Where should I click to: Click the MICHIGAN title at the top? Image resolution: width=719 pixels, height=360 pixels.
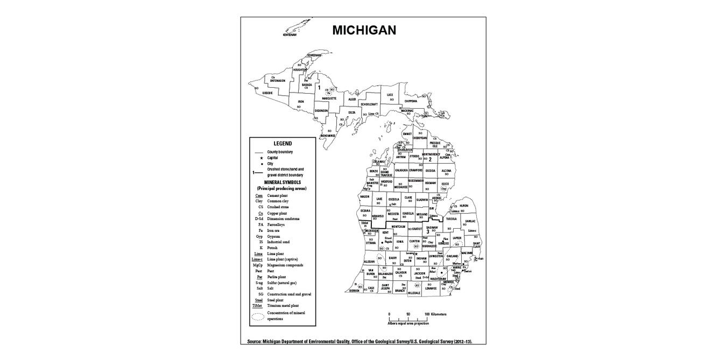coord(364,30)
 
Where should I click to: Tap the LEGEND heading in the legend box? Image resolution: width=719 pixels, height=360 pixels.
coord(283,144)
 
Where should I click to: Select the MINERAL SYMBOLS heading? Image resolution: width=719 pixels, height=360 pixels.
coord(281,182)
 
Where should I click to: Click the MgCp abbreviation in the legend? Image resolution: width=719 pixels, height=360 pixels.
coord(258,265)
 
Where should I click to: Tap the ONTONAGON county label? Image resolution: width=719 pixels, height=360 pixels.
coord(278,81)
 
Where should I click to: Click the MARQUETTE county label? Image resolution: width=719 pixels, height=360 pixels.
coord(329,98)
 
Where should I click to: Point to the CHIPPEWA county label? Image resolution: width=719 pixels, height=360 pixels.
coord(411,101)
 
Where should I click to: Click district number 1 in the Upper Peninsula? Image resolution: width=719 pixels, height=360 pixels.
coord(319,87)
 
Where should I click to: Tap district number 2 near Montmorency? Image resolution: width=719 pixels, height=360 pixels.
coord(429,159)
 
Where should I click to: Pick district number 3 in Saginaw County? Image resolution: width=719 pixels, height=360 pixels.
coord(428,232)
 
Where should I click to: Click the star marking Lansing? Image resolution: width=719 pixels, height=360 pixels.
coord(416,254)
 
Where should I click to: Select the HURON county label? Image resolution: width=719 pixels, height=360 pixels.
coord(464,206)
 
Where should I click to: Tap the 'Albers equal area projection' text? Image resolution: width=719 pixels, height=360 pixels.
coord(408,323)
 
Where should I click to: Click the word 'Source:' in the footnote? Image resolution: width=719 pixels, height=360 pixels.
coord(255,342)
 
